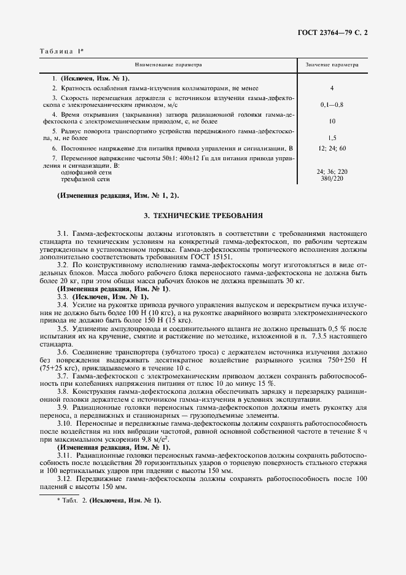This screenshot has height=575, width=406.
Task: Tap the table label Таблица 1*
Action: [61, 51]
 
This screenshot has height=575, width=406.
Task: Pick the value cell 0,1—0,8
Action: [332, 106]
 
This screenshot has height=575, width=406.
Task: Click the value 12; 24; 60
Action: [332, 149]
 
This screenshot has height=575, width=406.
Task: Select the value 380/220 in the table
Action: [332, 179]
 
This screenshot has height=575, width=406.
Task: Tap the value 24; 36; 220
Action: [332, 173]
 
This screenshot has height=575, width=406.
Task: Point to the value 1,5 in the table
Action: [332, 138]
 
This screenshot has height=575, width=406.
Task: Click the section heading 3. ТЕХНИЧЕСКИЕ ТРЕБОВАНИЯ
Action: [203, 216]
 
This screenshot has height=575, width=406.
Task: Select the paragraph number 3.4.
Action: [63, 305]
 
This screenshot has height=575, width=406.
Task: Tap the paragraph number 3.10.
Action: [65, 423]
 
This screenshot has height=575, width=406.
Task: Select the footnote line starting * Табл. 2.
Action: [108, 501]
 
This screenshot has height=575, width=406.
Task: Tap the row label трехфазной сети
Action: [85, 179]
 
